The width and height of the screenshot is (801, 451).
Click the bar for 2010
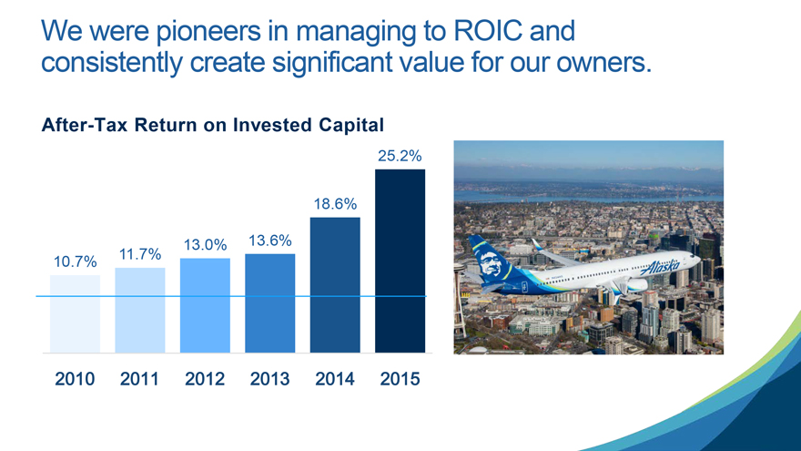75,314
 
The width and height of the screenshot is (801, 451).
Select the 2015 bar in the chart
400,261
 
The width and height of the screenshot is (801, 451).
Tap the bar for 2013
270,303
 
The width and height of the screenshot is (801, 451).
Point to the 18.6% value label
335,204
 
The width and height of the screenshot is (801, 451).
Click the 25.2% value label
400,156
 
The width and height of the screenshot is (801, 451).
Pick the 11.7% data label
140,254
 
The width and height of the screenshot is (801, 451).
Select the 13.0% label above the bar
206,245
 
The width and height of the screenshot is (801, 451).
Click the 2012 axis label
205,379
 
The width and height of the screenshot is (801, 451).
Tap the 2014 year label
335,379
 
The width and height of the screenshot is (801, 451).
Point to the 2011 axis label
139,379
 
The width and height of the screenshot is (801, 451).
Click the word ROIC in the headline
488,31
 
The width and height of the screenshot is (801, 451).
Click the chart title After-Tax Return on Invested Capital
212,126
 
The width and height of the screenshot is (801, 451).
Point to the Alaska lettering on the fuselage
660,267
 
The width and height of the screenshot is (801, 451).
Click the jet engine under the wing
636,285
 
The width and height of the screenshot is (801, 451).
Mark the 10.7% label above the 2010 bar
75,261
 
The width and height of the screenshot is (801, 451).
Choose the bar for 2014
335,285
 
